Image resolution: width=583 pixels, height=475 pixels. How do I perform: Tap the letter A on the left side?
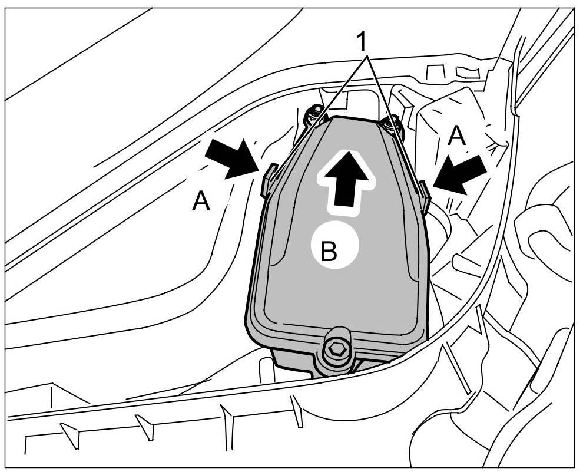(201, 202)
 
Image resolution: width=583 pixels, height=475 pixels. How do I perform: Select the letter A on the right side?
(456, 137)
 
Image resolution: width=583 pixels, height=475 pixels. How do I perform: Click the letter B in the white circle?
(329, 252)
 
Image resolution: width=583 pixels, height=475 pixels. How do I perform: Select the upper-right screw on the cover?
(390, 124)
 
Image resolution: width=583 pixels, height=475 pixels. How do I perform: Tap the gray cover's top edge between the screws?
(353, 120)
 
